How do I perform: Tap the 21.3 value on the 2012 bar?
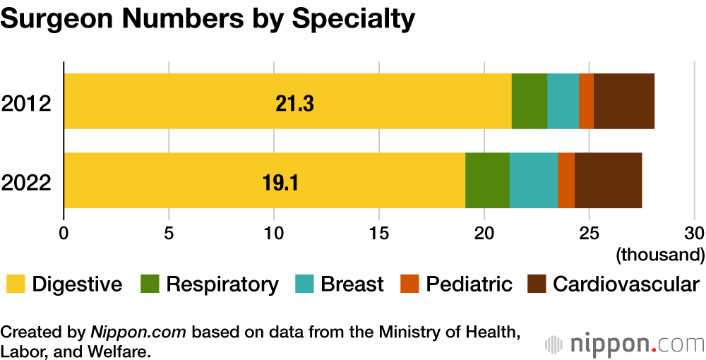294,104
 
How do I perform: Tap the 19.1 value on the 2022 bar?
280,183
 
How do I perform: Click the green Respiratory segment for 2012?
529,101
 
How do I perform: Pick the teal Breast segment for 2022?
533,180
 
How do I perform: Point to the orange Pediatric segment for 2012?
586,101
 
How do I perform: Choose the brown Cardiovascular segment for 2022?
608,180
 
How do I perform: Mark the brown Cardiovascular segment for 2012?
624,101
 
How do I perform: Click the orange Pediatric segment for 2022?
566,180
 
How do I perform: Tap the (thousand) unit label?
660,253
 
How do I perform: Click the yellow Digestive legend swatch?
16,284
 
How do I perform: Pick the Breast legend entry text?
352,284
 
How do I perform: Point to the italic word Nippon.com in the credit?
140,332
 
